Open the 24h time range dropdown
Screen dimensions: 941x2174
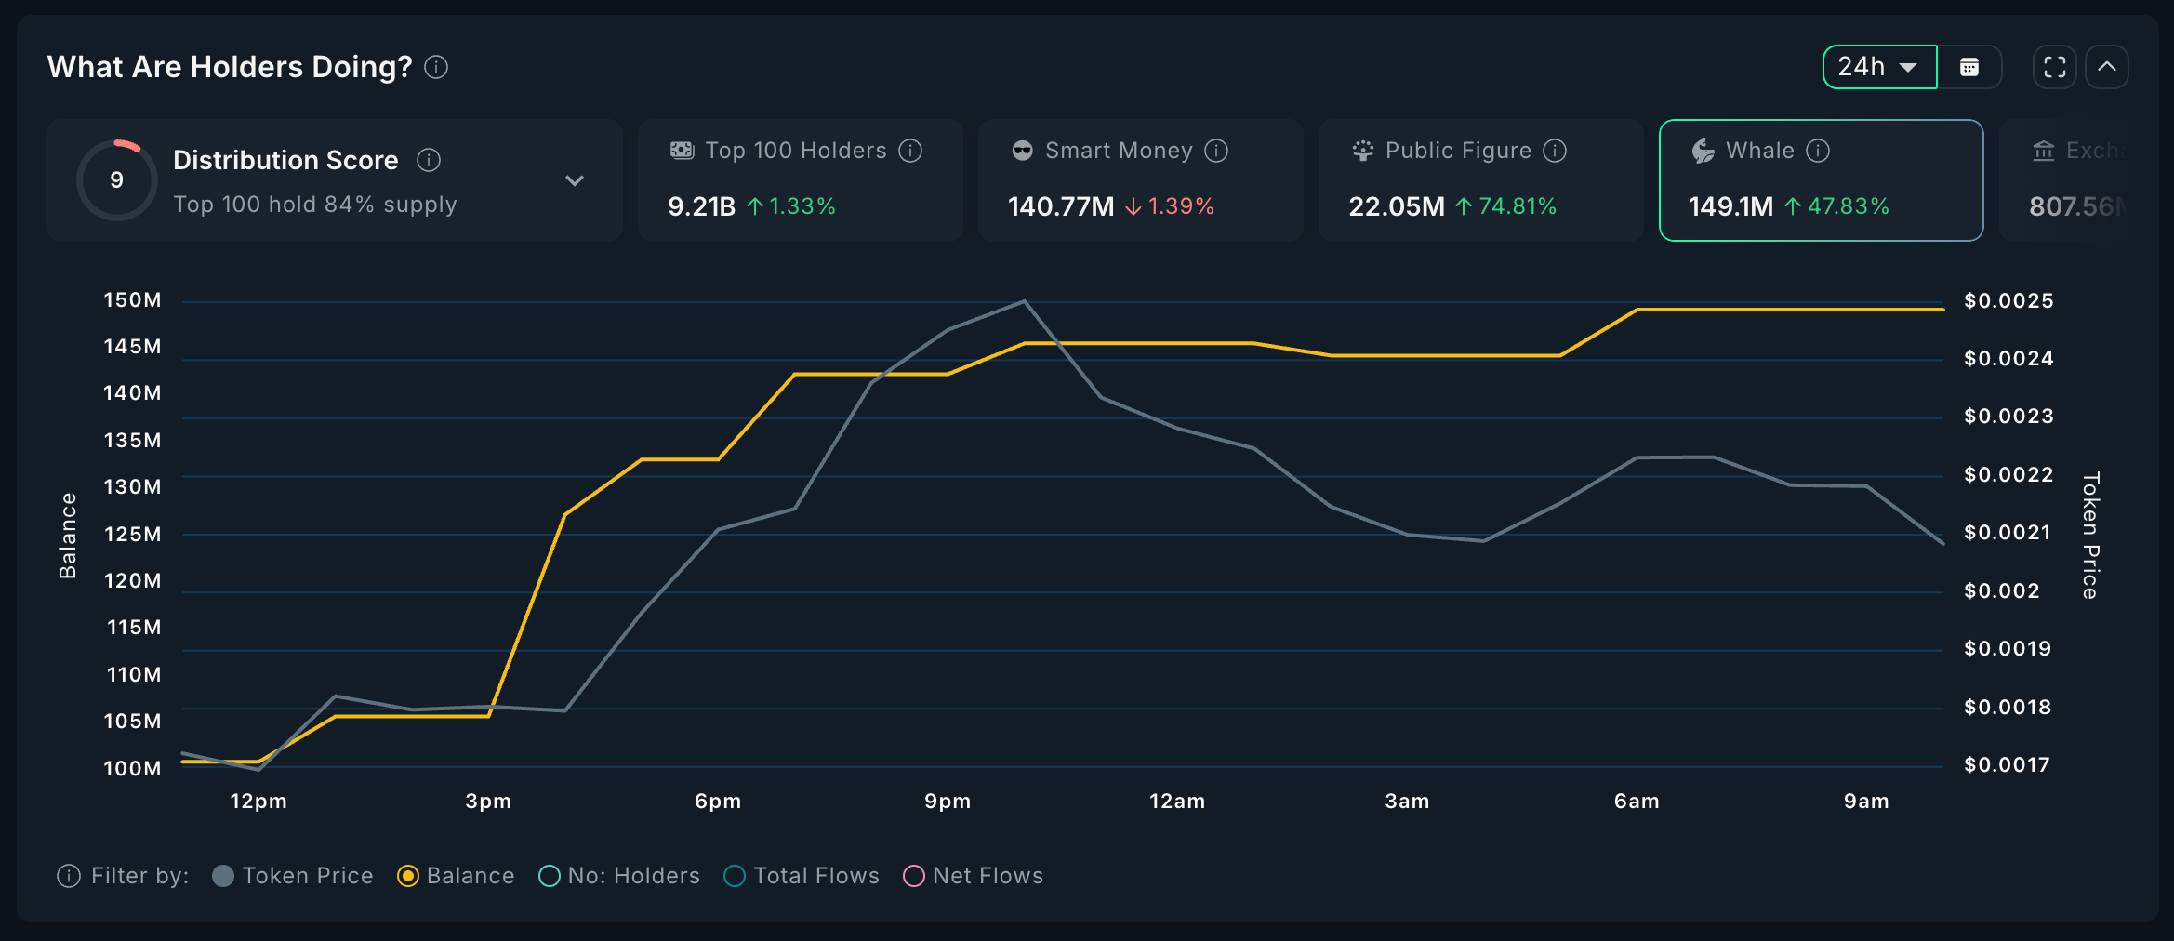(x=1878, y=67)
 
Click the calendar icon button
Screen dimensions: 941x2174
(x=1969, y=67)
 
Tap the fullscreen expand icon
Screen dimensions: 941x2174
(x=2054, y=67)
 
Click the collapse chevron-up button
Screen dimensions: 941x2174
(x=2107, y=67)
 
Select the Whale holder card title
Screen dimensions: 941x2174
(x=1759, y=151)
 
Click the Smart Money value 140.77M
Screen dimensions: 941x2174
(x=1061, y=206)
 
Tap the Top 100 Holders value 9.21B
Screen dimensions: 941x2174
(x=701, y=206)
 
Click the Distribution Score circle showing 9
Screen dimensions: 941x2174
(x=117, y=179)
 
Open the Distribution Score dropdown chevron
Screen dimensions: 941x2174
(x=575, y=180)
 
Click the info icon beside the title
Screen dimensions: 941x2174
(x=436, y=67)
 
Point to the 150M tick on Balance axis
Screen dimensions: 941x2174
(x=132, y=300)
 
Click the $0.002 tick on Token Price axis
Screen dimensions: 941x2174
(x=2001, y=591)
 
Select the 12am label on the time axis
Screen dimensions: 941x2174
(x=1177, y=802)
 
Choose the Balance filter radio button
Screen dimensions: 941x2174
(x=408, y=876)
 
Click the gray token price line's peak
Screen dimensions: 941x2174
(x=1024, y=301)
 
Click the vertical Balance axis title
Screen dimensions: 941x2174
(x=68, y=536)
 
